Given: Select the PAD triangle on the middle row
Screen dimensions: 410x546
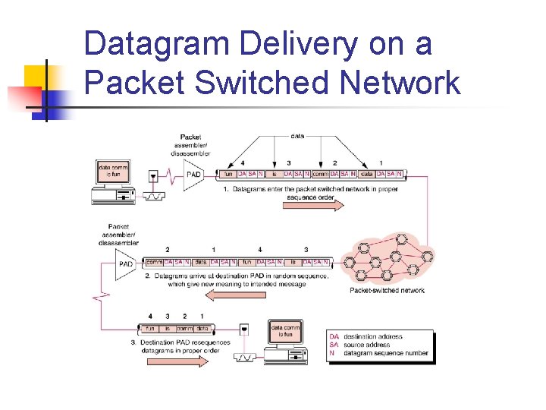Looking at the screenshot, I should tap(127, 263).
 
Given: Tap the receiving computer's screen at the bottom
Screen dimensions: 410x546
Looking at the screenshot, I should tap(285, 331).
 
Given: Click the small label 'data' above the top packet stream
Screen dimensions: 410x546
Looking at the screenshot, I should tap(297, 136).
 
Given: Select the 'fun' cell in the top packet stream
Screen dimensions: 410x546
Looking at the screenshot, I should tap(227, 174).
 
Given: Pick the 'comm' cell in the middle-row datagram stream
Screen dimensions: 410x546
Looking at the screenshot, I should tap(154, 262).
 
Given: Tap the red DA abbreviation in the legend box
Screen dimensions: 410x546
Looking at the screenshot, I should tap(334, 336).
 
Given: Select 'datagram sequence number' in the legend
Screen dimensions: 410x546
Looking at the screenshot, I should tap(385, 353).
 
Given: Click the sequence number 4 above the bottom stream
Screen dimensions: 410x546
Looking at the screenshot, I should tap(150, 316).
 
